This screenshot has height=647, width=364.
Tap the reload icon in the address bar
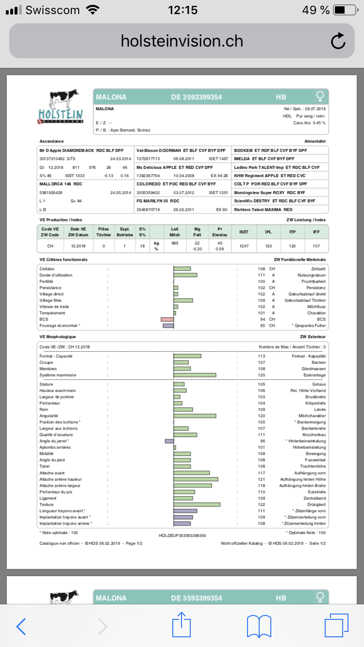[338, 41]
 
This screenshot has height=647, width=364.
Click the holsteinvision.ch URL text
[182, 41]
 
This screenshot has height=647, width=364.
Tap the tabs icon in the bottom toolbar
[336, 625]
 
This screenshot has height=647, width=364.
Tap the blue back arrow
[21, 626]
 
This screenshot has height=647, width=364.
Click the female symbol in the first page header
[319, 96]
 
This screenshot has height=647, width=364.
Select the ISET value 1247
[244, 246]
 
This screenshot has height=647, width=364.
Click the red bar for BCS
[167, 319]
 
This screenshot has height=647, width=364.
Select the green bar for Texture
[197, 505]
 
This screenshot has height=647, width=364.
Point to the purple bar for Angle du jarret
[169, 441]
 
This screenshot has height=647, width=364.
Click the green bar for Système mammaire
[195, 375]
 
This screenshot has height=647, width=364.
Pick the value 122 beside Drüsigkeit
[262, 505]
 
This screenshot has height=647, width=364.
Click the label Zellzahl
[318, 269]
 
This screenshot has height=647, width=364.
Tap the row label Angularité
[49, 416]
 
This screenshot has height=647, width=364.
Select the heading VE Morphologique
[57, 336]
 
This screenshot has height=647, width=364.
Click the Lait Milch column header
[175, 232]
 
